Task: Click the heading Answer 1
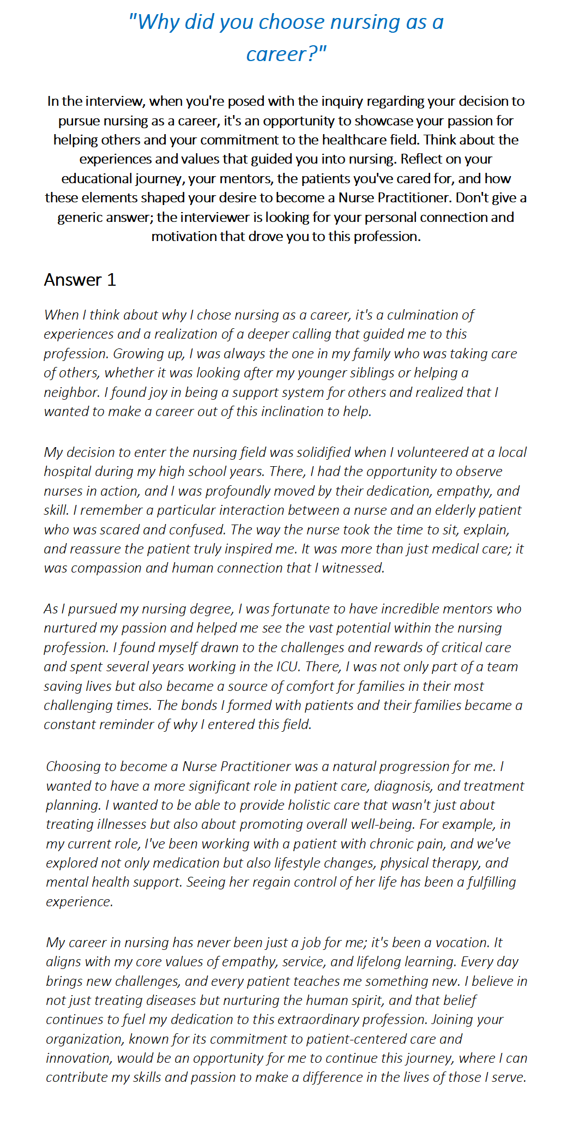tap(80, 280)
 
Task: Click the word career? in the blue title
tap(286, 54)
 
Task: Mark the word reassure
tap(94, 549)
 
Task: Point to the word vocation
tap(462, 942)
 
